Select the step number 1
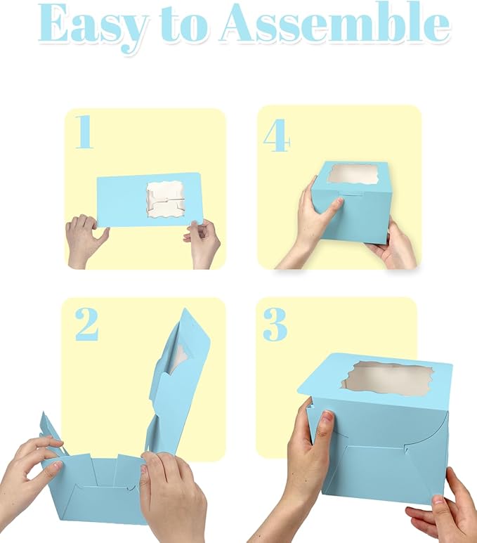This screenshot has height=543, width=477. click(84, 133)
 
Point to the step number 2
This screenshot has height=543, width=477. click(86, 324)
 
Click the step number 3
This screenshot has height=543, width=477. click(275, 324)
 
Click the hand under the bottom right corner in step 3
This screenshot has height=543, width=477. click(439, 516)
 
